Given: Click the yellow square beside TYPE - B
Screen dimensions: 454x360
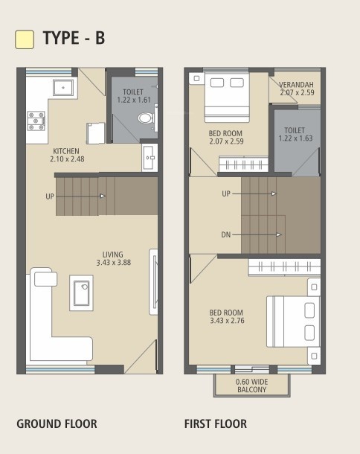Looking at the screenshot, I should click(25, 39).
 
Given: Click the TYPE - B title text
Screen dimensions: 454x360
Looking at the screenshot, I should click(74, 39).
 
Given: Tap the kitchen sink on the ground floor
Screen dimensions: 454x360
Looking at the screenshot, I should click(62, 88).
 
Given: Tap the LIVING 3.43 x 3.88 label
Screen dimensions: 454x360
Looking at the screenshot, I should click(113, 258).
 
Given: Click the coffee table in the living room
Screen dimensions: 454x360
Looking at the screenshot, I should click(82, 292).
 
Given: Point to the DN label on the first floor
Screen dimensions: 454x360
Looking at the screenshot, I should click(225, 235).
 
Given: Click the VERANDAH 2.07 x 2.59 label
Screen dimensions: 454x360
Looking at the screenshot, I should click(297, 89).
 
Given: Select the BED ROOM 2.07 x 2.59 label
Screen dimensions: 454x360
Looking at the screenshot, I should click(226, 138).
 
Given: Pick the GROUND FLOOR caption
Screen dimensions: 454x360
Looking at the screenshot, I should click(57, 424).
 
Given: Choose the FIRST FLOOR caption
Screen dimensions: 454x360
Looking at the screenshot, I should click(216, 424).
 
